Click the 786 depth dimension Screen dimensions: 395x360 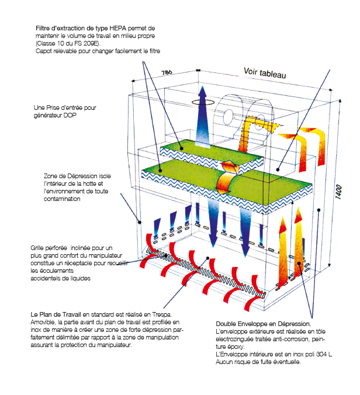pyautogui.click(x=167, y=73)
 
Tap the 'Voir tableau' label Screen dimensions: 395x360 pyautogui.click(x=264, y=72)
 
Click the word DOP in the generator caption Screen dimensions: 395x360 pyautogui.click(x=83, y=116)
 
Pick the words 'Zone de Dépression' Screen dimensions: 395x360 pyautogui.click(x=68, y=176)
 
